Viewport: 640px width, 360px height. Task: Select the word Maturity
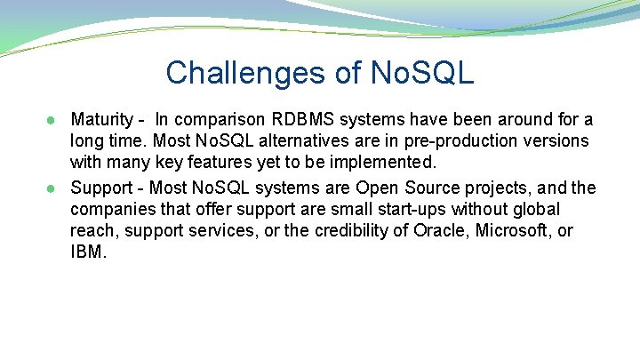pyautogui.click(x=100, y=119)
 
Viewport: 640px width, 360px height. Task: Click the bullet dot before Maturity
pyautogui.click(x=54, y=120)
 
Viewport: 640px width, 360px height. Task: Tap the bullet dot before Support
pyautogui.click(x=54, y=188)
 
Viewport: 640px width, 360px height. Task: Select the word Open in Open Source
pyautogui.click(x=375, y=187)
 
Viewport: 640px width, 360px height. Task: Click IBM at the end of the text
pyautogui.click(x=88, y=252)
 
